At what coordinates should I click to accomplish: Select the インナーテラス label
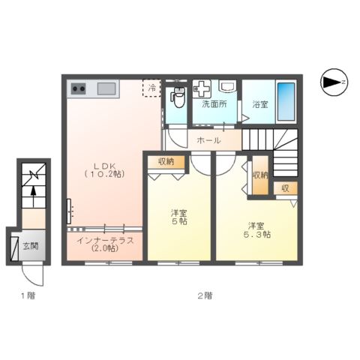click(103, 244)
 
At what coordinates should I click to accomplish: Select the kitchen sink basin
click(106, 89)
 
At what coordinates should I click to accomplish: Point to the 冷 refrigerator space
click(152, 88)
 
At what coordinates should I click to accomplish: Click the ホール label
click(208, 140)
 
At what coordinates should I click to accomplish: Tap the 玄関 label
click(29, 245)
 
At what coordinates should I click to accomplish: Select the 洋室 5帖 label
click(178, 217)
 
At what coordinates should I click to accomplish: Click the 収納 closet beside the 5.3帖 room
click(259, 175)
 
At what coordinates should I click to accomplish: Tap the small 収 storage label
click(285, 188)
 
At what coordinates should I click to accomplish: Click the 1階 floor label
click(27, 295)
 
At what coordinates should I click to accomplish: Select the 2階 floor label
click(204, 295)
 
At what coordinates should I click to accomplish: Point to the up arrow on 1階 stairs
click(32, 199)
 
